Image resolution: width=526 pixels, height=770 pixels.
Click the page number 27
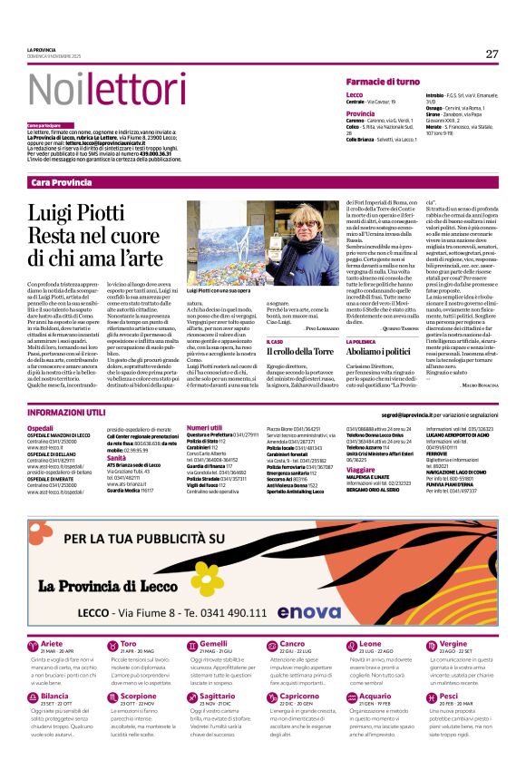pos(492,54)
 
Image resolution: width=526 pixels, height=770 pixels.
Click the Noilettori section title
pos(96,89)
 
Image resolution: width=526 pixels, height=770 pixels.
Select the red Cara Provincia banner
pos(263,182)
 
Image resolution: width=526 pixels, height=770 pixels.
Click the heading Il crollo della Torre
pos(301,350)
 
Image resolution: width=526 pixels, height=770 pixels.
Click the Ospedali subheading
pos(41,426)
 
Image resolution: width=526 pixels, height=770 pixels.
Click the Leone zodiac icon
pos(335,646)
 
